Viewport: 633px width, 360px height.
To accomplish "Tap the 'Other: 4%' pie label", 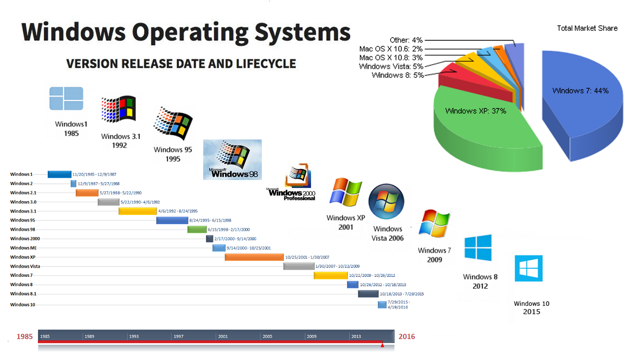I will (406, 40).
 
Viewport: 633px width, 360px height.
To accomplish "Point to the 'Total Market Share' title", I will (587, 28).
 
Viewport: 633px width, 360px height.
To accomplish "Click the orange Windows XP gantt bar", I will (254, 257).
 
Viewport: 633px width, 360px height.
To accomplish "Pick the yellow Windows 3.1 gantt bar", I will (137, 211).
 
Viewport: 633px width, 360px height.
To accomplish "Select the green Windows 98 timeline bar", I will (197, 229).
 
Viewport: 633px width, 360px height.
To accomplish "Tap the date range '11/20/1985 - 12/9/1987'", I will (94, 174).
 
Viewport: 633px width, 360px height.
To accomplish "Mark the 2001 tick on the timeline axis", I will (222, 336).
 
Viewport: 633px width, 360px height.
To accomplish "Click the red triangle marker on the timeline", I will (382, 345).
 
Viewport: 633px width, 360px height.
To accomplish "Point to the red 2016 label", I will (406, 336).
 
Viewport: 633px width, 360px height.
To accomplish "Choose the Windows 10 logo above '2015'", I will (529, 268).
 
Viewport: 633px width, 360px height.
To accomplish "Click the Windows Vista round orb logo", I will (386, 201).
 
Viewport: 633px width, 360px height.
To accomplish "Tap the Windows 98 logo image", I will (232, 159).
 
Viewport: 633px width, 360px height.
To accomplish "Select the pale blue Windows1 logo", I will (66, 99).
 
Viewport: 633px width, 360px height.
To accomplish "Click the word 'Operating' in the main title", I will (190, 33).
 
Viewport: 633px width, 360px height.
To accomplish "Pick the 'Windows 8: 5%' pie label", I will (397, 75).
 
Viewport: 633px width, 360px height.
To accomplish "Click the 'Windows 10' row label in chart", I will (22, 304).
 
